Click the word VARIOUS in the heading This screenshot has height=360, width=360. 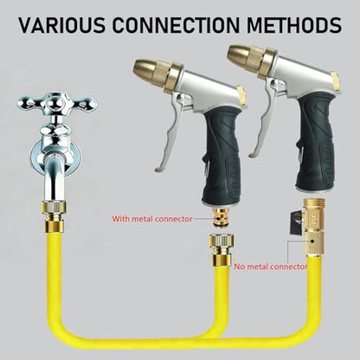[x=62, y=24]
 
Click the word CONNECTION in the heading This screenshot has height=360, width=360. [x=176, y=24]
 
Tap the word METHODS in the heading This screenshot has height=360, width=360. [x=294, y=24]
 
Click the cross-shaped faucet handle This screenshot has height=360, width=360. [x=57, y=103]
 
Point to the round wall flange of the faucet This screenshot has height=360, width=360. [x=55, y=157]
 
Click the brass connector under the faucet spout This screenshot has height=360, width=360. [x=54, y=215]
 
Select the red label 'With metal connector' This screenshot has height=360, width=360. [x=152, y=219]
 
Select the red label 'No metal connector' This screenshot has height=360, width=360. [x=270, y=267]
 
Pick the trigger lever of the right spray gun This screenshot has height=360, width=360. [x=265, y=119]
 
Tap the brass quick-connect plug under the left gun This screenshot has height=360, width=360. [x=221, y=217]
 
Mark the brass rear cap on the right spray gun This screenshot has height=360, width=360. [x=336, y=80]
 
